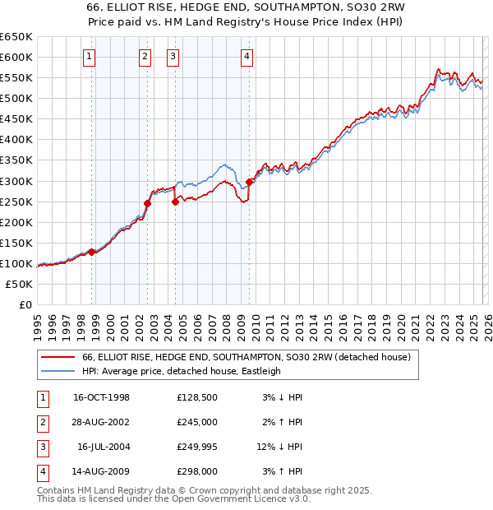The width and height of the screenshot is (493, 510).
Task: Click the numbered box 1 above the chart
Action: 89,57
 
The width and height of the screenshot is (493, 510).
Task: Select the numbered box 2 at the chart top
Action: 145,57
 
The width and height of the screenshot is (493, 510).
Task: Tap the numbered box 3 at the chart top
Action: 173,57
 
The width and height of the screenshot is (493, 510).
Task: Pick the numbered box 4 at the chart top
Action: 246,57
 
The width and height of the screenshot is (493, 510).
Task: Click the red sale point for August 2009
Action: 249,182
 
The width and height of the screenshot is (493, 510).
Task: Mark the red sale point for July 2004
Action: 175,202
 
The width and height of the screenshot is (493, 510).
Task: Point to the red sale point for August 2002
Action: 148,203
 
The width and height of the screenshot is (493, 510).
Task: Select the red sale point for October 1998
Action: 92,252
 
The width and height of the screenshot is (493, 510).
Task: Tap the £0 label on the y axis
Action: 24,305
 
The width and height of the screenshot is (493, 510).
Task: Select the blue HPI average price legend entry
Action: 181,371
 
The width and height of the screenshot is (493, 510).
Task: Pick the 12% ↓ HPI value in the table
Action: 279,447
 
